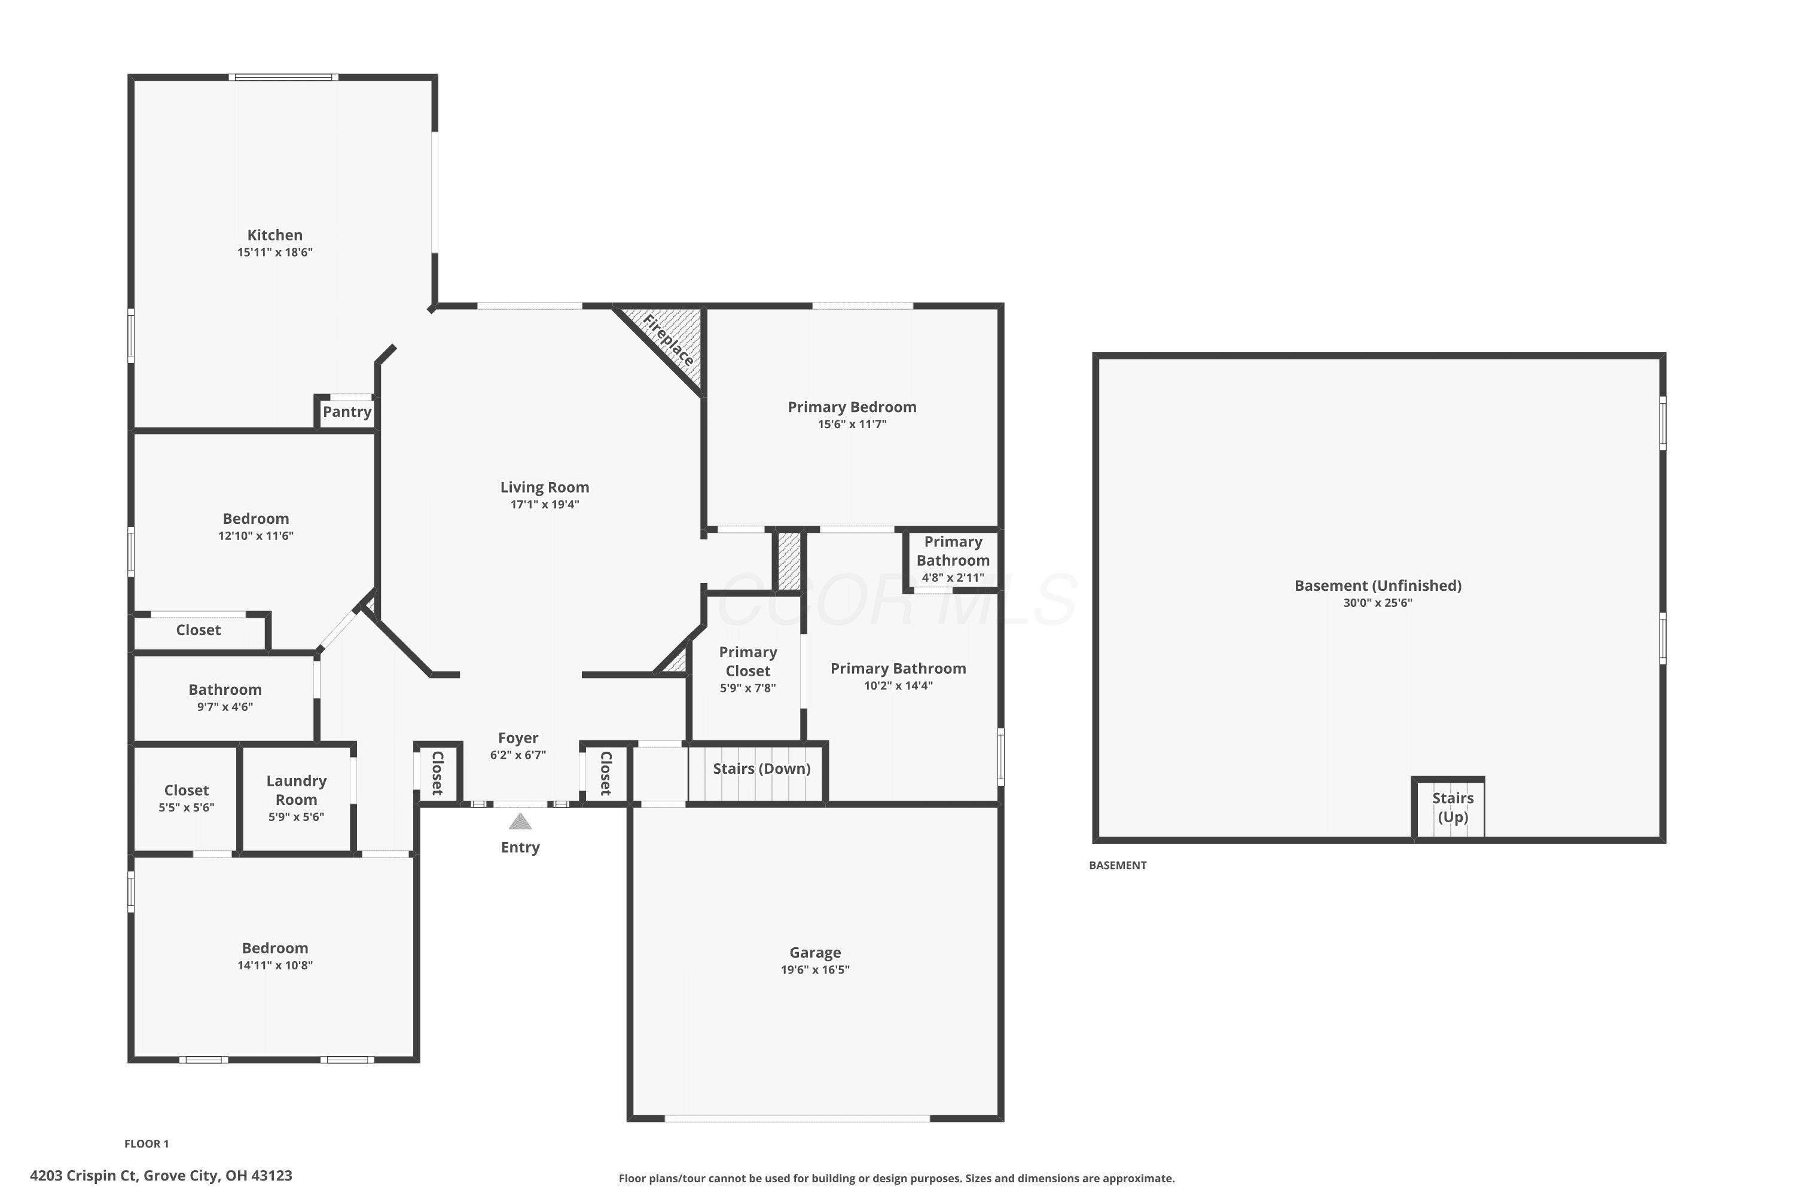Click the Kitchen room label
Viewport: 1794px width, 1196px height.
pos(274,235)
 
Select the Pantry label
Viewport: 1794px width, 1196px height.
pos(347,412)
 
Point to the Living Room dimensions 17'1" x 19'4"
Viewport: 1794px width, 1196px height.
pos(545,504)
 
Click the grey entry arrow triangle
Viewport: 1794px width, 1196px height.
pos(520,822)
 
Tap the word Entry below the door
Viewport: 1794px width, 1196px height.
pos(520,847)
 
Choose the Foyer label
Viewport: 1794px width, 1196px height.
pos(518,737)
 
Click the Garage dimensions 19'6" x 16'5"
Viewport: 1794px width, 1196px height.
pos(816,969)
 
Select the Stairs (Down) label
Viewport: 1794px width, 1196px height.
pos(762,768)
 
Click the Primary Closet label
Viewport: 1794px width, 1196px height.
pos(748,661)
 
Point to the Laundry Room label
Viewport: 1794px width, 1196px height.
pos(296,790)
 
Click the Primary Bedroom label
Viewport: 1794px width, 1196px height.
pos(852,407)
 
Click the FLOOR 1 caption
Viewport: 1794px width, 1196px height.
pos(147,1143)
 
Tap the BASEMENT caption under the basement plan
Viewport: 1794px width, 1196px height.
pos(1118,865)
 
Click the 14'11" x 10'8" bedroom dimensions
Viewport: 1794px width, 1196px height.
pos(274,965)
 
